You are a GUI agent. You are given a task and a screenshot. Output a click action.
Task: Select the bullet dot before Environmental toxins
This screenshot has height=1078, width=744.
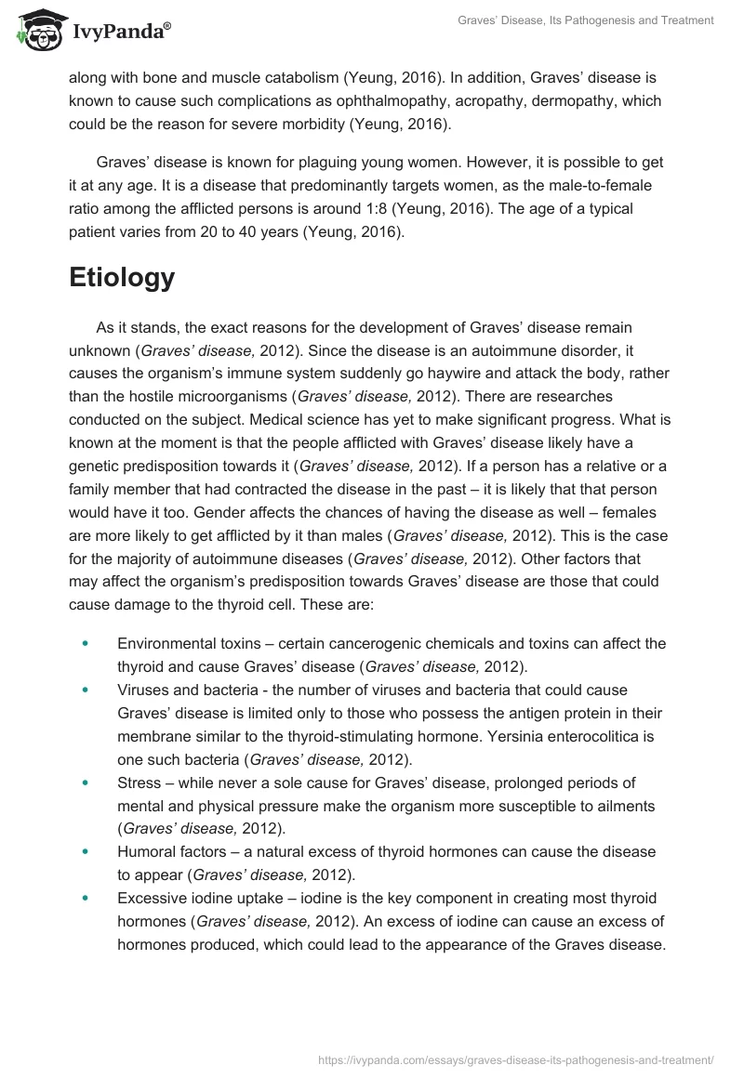coord(86,642)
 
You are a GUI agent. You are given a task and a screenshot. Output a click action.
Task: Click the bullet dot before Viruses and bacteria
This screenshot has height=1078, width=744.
coord(86,690)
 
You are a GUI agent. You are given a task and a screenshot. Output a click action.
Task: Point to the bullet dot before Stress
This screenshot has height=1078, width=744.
coord(86,782)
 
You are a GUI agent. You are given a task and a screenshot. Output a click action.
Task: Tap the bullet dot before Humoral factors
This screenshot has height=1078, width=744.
coord(86,851)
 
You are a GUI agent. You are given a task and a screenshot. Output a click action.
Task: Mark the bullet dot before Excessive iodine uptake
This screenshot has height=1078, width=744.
coord(86,898)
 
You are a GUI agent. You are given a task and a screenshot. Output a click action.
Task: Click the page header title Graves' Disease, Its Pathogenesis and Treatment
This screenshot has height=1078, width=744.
coord(586,21)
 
